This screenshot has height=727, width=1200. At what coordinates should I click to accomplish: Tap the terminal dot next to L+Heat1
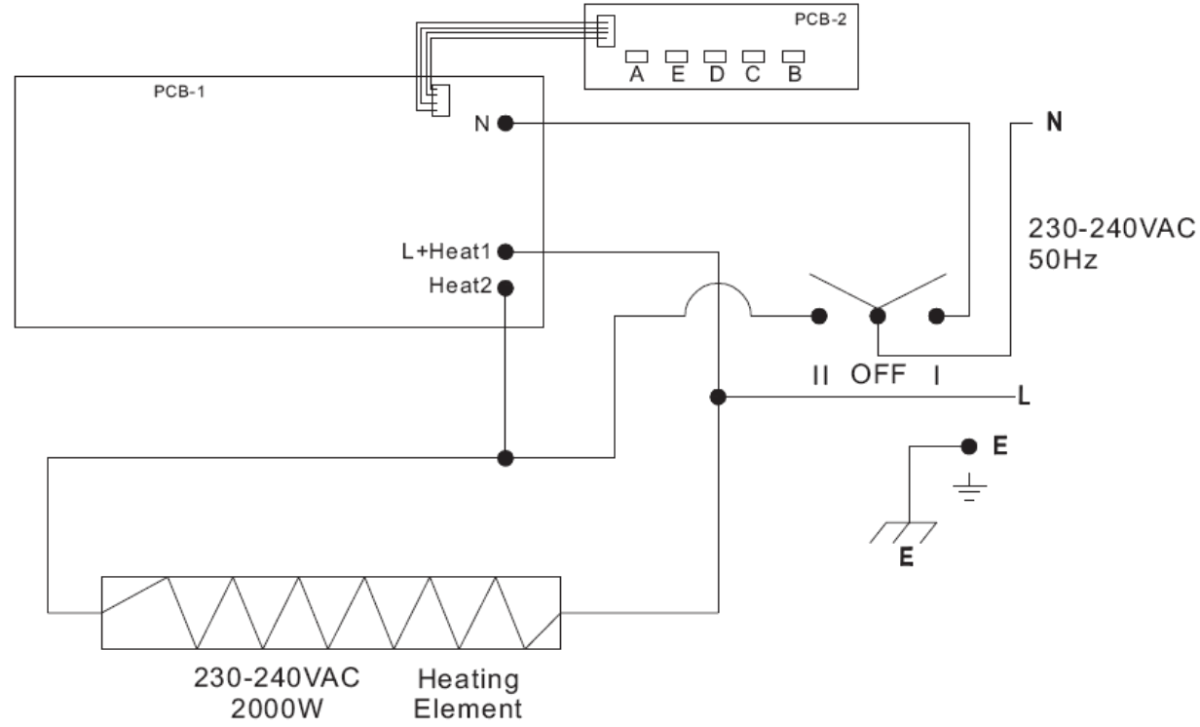pyautogui.click(x=506, y=252)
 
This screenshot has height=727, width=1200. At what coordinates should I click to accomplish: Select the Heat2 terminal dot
pyautogui.click(x=506, y=287)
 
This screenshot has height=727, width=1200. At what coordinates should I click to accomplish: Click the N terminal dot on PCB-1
pyautogui.click(x=506, y=123)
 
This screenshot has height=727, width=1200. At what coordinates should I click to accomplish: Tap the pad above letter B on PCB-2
pyautogui.click(x=794, y=57)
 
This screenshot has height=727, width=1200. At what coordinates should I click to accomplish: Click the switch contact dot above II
pyautogui.click(x=820, y=316)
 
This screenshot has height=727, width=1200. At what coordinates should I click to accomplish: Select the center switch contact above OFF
pyautogui.click(x=879, y=316)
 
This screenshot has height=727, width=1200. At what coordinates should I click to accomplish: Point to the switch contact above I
pyautogui.click(x=938, y=316)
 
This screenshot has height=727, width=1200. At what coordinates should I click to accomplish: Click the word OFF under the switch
pyautogui.click(x=879, y=374)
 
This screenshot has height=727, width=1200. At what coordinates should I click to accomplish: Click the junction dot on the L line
pyautogui.click(x=718, y=398)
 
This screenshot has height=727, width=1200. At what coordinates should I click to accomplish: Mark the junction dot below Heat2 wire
pyautogui.click(x=506, y=457)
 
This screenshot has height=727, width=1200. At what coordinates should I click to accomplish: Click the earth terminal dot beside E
pyautogui.click(x=967, y=446)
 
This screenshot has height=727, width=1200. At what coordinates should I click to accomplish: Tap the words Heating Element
pyautogui.click(x=469, y=691)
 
